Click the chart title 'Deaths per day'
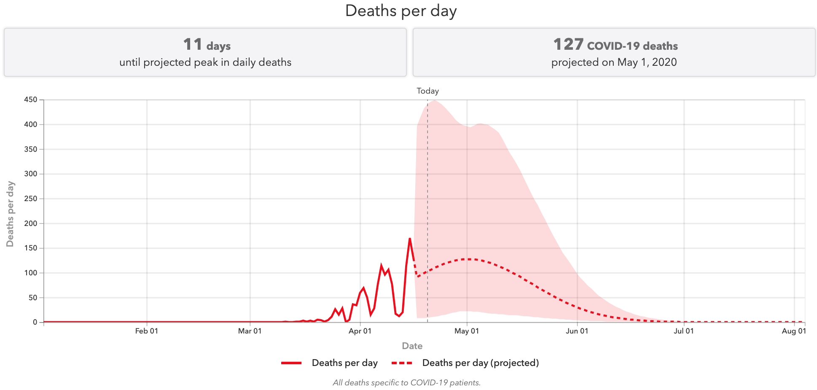coord(400,11)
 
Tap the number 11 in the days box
coord(193,44)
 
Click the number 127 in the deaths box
coord(568,44)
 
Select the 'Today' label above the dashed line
coord(427,91)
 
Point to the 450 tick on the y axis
coord(31,100)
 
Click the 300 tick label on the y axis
coord(31,174)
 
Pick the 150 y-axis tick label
coord(31,248)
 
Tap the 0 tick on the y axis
coord(35,322)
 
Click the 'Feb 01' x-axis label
coord(147,331)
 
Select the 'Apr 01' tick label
coord(360,331)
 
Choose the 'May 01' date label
coord(467,331)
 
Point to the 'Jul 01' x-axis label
coord(683,331)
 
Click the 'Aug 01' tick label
coord(794,331)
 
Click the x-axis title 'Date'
coord(412,346)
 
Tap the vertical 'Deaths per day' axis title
coord(11,214)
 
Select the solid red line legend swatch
coord(291,363)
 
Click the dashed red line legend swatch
coord(402,363)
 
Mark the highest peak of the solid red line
coord(410,239)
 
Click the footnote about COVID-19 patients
coord(406,383)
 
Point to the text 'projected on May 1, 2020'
coord(614,62)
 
